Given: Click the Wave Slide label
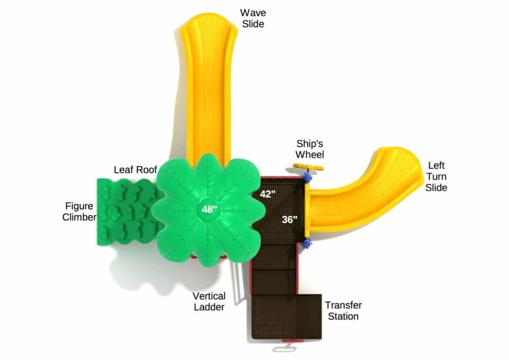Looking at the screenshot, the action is pyautogui.click(x=253, y=18).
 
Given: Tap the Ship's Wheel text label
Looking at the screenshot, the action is pyautogui.click(x=309, y=149).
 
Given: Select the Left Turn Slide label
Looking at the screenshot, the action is pyautogui.click(x=436, y=176).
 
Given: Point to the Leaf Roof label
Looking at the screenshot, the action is pyautogui.click(x=135, y=170).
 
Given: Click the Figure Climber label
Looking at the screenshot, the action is pyautogui.click(x=79, y=211).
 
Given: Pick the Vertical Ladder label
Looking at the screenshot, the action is pyautogui.click(x=209, y=301).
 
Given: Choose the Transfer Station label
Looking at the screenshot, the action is pyautogui.click(x=343, y=310).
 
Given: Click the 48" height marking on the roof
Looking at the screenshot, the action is pyautogui.click(x=209, y=209).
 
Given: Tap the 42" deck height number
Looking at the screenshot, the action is pyautogui.click(x=268, y=194).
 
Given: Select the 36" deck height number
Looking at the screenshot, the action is pyautogui.click(x=289, y=220).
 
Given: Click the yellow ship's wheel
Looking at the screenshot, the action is pyautogui.click(x=308, y=167).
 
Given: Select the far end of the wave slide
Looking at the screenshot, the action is pyautogui.click(x=208, y=23).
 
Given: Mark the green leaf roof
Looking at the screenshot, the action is pyautogui.click(x=208, y=210).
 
